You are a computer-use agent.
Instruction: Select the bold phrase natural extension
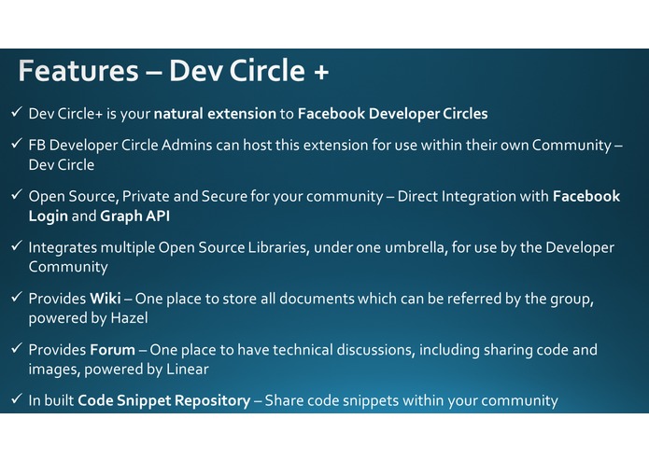point(215,114)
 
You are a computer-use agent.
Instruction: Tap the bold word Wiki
point(103,299)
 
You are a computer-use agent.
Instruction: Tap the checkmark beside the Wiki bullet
point(16,298)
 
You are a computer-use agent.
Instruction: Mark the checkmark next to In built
point(16,399)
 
